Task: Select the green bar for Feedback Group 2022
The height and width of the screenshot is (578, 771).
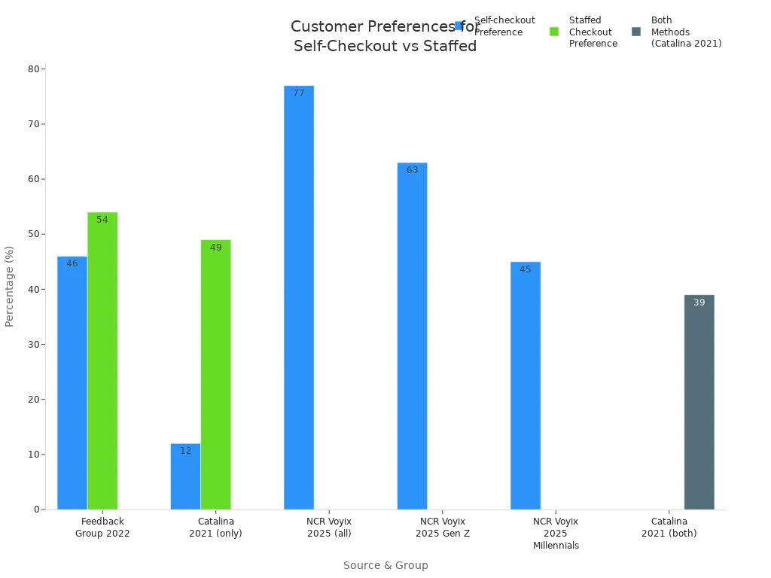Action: tap(102, 360)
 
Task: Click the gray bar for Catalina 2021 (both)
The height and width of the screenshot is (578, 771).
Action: tap(699, 402)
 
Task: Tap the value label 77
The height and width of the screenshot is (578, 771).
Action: tap(299, 93)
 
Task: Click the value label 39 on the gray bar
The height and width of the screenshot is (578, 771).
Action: tap(699, 303)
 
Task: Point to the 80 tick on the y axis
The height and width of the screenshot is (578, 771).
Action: tap(34, 69)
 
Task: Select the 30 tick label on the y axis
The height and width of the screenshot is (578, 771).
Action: tap(34, 345)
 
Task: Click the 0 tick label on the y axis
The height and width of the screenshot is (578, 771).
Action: tap(36, 510)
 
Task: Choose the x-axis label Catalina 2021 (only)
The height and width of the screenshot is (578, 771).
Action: tap(216, 527)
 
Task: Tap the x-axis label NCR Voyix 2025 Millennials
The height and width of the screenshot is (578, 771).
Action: tap(556, 533)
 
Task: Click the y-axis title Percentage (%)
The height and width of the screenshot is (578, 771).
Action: tap(10, 286)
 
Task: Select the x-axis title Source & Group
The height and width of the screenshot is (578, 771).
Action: tap(385, 565)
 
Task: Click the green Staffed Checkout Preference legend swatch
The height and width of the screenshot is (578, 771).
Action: tap(554, 32)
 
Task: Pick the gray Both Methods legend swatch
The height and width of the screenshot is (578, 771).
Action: tap(636, 32)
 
